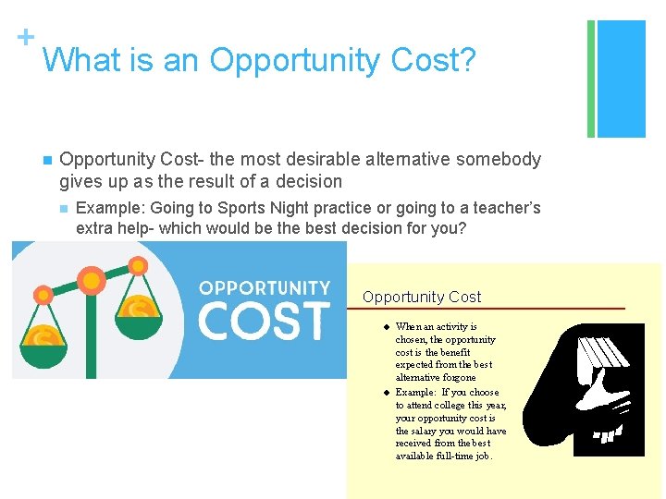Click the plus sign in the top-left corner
tap(25, 37)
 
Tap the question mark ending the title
tap(468, 61)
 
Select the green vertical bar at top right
tap(591, 79)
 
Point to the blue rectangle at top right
tap(622, 79)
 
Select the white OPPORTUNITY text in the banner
tap(265, 288)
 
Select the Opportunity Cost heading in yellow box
tap(422, 297)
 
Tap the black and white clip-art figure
tap(609, 389)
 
